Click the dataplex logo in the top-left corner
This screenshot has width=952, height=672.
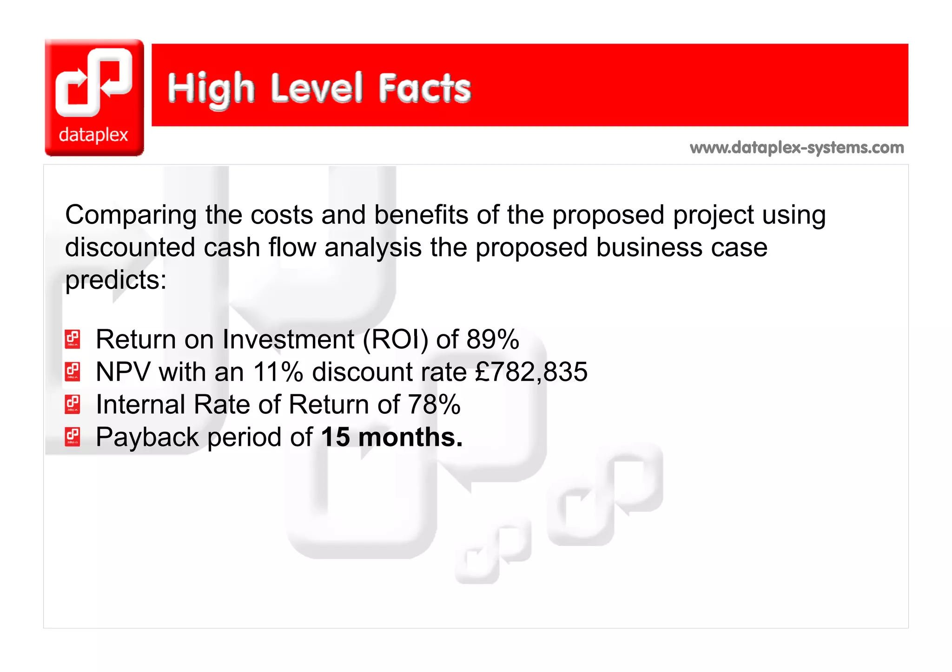94,98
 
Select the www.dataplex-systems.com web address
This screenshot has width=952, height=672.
797,148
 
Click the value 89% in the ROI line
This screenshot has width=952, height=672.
493,339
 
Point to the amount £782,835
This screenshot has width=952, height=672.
531,372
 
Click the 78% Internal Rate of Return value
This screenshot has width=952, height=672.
434,405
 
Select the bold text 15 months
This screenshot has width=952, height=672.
391,437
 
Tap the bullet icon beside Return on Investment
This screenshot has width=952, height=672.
73,339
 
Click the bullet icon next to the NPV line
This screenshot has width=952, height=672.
73,372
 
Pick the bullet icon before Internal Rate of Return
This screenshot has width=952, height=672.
73,405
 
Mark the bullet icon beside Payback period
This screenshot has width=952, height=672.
73,437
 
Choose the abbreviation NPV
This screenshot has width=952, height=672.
123,372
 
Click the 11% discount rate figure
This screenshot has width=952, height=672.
278,372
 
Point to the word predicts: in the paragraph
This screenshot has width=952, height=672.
116,281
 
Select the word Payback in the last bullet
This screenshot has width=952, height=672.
147,438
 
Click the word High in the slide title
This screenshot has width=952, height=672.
211,89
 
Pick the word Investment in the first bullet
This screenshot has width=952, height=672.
288,339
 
